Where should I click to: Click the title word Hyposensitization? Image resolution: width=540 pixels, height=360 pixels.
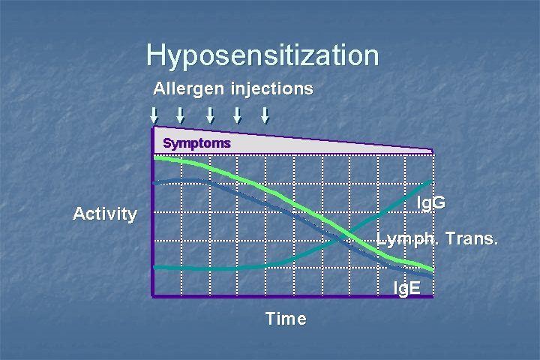[x=262, y=55]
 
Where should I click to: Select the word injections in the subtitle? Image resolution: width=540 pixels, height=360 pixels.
[x=273, y=88]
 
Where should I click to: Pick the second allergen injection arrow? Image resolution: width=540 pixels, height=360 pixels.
[x=181, y=115]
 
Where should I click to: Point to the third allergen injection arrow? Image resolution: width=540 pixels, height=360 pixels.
[x=210, y=115]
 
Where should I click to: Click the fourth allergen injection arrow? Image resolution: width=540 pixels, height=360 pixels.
[x=237, y=115]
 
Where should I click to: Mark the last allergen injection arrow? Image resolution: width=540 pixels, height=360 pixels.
[x=265, y=115]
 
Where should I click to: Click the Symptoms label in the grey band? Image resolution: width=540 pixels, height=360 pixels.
[x=197, y=142]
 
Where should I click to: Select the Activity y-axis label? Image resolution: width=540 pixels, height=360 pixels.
[x=105, y=214]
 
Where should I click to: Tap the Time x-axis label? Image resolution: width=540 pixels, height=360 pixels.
[x=286, y=319]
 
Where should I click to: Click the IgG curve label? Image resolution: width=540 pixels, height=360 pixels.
[x=431, y=202]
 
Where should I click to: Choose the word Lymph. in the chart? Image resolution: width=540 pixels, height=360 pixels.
[x=402, y=240]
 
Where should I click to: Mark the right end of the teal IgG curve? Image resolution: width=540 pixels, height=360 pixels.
[x=430, y=181]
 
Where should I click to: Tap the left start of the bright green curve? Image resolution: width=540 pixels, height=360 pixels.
[x=154, y=159]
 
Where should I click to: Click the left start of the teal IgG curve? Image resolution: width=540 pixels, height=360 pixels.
[x=154, y=267]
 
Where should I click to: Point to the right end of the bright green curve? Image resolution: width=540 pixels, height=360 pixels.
[x=432, y=268]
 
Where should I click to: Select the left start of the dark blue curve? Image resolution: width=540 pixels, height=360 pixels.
[x=154, y=182]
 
